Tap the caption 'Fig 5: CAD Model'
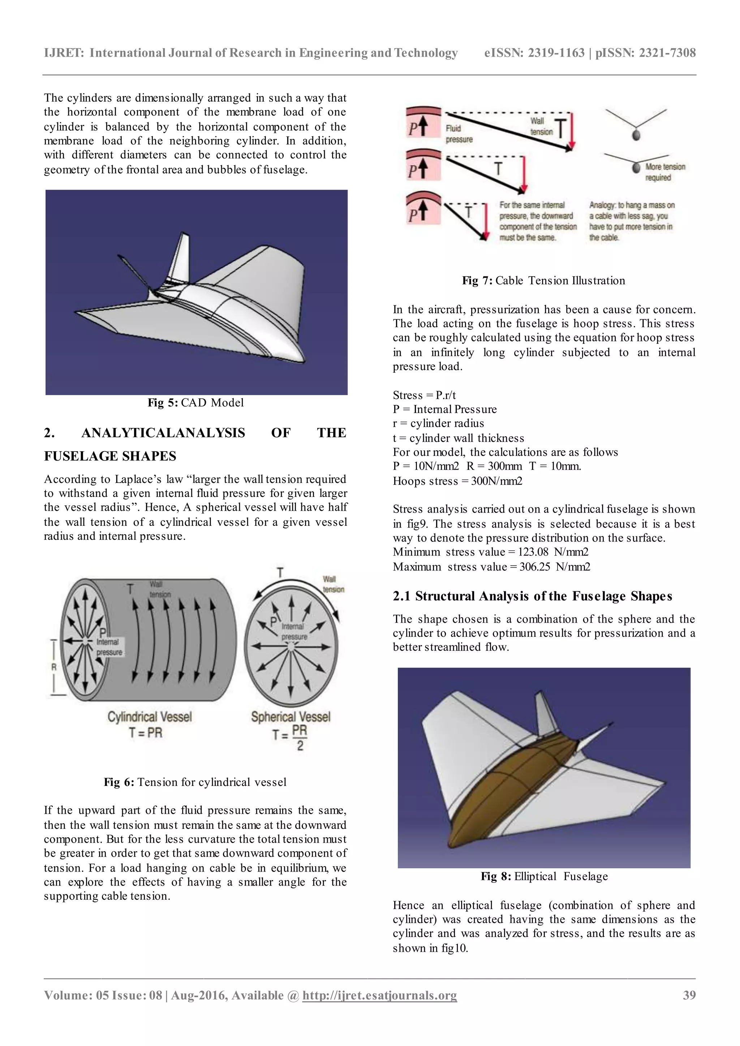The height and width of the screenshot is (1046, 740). click(x=195, y=403)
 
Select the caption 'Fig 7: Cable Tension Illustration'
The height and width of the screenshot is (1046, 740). click(x=543, y=281)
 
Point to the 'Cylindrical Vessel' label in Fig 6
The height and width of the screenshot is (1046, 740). click(x=150, y=717)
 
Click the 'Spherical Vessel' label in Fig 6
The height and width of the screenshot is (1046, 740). click(x=291, y=717)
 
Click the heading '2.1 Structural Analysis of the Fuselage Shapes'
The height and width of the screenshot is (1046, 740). click(x=532, y=596)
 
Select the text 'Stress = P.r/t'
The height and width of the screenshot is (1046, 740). click(x=424, y=395)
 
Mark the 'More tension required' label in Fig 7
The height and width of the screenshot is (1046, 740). click(x=664, y=172)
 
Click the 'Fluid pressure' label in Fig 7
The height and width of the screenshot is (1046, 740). click(x=459, y=134)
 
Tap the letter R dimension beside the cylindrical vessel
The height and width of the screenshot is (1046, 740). click(x=54, y=667)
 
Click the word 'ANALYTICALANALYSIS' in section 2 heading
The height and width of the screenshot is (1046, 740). click(x=163, y=433)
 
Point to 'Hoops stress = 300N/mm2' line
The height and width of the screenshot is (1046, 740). click(x=457, y=481)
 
